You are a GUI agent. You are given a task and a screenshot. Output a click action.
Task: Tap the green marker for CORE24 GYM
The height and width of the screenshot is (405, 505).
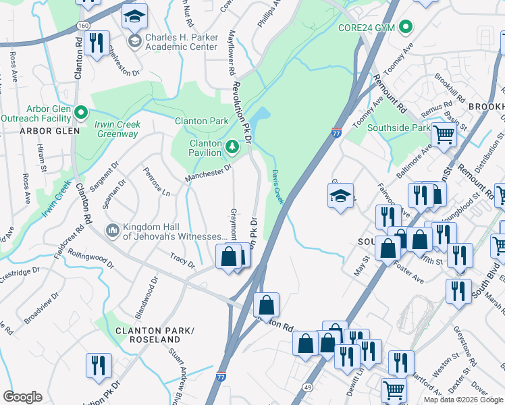pos(405,28)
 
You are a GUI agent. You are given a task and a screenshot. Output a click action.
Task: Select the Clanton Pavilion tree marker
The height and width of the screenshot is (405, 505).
pos(232,146)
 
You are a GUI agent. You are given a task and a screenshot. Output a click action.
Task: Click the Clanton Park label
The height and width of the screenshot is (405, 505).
pos(202,121)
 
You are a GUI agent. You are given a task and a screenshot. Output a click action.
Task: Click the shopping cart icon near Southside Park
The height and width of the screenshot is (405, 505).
pos(444,135)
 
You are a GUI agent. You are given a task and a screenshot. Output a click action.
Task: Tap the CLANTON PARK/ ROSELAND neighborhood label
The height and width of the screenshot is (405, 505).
pos(155,335)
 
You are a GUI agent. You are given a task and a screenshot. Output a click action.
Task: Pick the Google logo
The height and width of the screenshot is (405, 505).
pos(22,396)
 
